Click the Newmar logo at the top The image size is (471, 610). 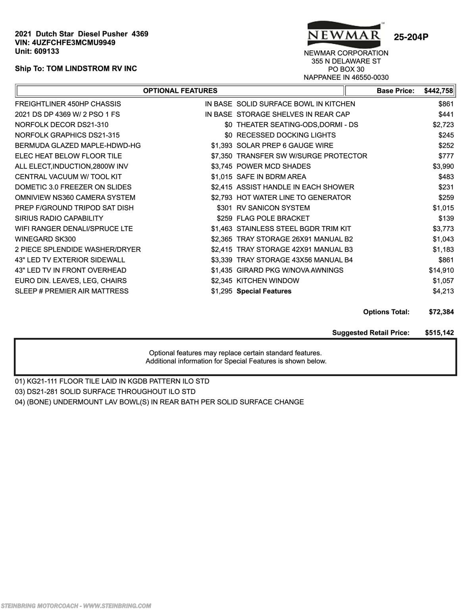(344, 34)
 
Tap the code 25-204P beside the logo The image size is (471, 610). (411, 37)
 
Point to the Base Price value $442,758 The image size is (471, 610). (438, 91)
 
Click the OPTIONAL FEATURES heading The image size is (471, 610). (180, 91)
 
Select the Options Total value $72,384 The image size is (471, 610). (441, 312)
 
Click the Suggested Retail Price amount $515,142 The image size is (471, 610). (439, 333)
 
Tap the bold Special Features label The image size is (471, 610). (264, 291)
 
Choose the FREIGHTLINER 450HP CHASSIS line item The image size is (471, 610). (68, 104)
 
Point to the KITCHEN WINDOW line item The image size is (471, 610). (268, 281)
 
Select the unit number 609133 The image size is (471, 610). (46, 51)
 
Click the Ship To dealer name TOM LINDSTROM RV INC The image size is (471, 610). (92, 69)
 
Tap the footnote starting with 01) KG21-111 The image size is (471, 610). (112, 381)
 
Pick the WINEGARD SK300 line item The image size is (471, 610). (45, 239)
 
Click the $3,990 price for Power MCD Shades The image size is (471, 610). (443, 166)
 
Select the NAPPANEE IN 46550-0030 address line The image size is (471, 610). (346, 77)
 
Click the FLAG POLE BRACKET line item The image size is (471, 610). (273, 218)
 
